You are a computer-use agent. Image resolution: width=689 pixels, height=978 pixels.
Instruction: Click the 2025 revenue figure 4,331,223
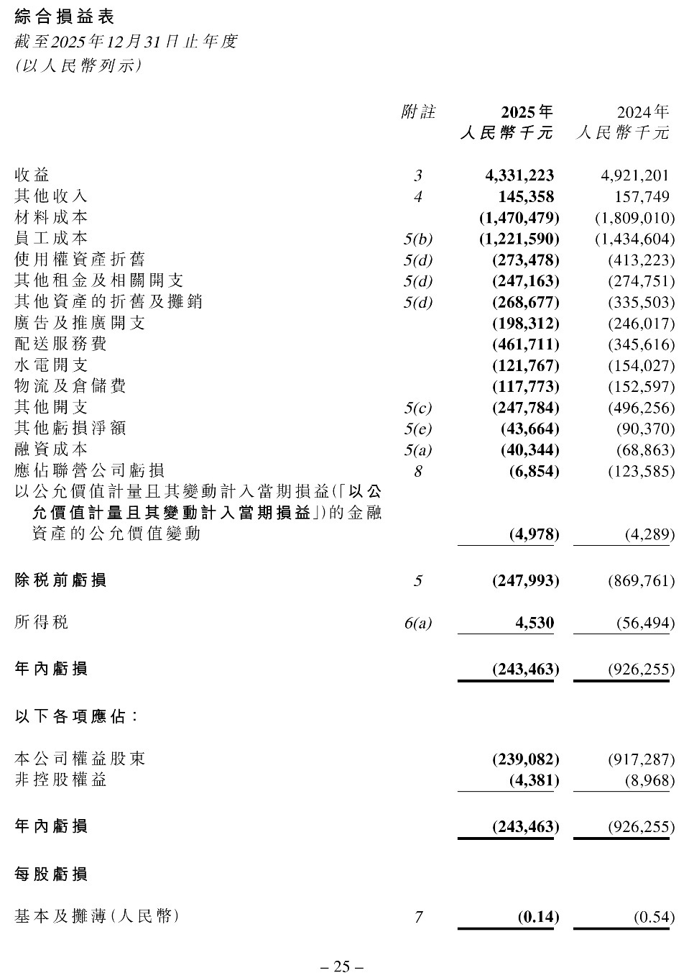coord(519,175)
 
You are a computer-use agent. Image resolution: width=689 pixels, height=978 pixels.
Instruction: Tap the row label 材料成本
coord(51,217)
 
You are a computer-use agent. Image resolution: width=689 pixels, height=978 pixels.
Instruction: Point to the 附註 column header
coord(418,112)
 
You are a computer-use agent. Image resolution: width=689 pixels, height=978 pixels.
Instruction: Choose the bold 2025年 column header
coord(527,112)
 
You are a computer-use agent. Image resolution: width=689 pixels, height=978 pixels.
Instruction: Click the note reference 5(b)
coord(418,239)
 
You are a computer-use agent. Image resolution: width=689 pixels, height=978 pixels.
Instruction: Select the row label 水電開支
coord(51,365)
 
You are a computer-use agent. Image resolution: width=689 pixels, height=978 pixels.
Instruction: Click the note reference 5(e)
coord(418,429)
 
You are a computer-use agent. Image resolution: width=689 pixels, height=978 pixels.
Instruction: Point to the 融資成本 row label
coord(51,450)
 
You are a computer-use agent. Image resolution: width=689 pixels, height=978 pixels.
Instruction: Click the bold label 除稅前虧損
coord(60,580)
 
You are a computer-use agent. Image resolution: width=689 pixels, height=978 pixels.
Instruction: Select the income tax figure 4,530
coord(535,623)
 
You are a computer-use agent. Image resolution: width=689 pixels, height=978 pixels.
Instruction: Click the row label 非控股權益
coord(60,780)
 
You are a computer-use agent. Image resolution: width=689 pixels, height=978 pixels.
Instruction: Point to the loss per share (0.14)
coord(538,917)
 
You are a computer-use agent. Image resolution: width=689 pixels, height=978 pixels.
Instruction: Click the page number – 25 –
coord(342,966)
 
